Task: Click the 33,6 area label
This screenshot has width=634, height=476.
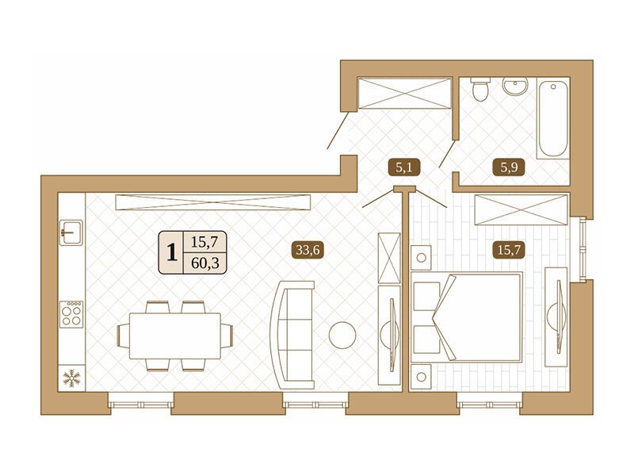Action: (307, 250)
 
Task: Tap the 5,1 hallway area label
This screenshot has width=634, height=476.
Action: (404, 167)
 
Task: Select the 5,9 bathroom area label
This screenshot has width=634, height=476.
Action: (509, 167)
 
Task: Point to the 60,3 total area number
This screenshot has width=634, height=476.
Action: (205, 263)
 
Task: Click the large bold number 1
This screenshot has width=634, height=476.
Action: (172, 252)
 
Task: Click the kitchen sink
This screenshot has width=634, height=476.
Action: (71, 232)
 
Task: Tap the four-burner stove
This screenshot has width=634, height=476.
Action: (71, 314)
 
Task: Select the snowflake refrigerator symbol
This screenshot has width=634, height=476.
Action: (71, 378)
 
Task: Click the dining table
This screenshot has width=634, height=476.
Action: (175, 336)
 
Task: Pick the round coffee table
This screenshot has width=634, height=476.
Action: (342, 335)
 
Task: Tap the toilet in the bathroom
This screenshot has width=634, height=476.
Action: (481, 90)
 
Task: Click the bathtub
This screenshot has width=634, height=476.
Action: (552, 118)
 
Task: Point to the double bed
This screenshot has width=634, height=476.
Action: (466, 317)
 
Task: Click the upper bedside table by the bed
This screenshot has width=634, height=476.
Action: (421, 257)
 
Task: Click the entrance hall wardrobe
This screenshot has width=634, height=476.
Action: (404, 94)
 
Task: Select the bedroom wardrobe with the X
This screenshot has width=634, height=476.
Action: (521, 209)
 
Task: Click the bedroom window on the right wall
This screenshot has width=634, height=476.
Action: (582, 249)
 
